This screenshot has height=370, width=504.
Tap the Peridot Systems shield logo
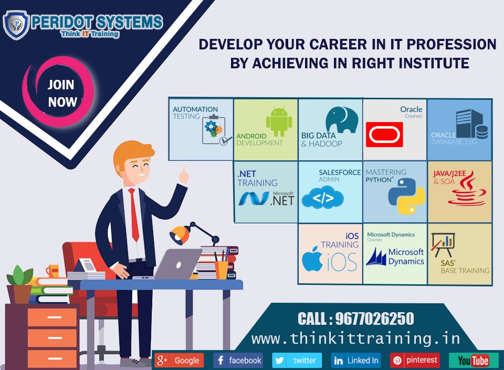point(16,24)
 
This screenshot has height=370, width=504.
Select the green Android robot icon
point(279,122)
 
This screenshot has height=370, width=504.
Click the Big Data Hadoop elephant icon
point(341,120)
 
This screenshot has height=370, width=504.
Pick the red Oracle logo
point(385,134)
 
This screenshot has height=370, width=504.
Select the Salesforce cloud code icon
point(322,198)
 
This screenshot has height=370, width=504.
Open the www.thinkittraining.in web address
point(355,338)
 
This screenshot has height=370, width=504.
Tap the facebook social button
point(238,361)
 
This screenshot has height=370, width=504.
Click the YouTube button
point(473,361)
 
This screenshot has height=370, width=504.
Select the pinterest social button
point(415,361)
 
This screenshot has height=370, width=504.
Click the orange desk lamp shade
point(180,232)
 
